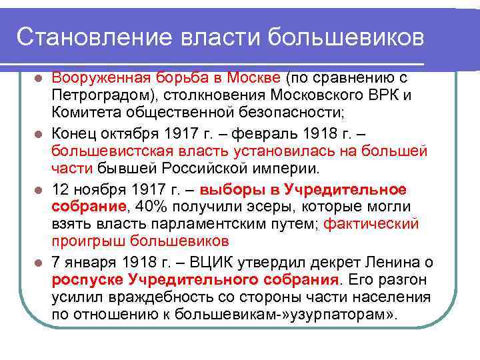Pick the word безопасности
click(x=253, y=113)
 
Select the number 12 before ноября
click(x=60, y=189)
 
